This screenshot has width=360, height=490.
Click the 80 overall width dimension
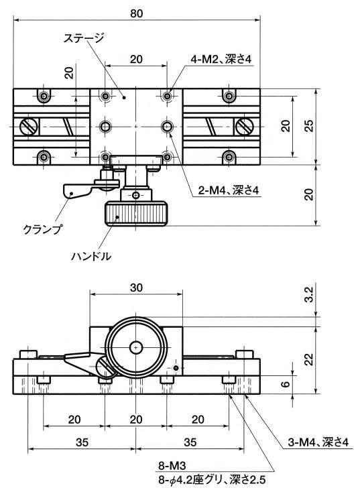point(137,13)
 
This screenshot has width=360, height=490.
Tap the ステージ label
point(83,38)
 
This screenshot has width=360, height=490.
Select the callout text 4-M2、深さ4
point(221,60)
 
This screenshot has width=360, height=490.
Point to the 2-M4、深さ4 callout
point(229,190)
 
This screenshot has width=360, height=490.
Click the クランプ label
point(42,229)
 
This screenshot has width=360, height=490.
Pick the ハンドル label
point(91,256)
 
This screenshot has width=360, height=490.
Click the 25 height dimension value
point(309,125)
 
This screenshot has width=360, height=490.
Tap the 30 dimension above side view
point(136,288)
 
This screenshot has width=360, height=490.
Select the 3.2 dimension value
point(309,295)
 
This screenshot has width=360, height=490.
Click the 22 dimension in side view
point(309,359)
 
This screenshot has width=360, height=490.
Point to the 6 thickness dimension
point(285,383)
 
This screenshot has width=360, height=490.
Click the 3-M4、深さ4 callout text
point(318,442)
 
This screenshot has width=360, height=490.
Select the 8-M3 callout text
point(172,466)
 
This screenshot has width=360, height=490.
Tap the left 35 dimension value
point(82,442)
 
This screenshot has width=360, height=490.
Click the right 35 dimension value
point(190,442)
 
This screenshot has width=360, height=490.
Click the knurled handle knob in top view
point(136,214)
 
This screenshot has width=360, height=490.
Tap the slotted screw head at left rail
point(29,127)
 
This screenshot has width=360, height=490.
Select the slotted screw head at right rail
point(244,127)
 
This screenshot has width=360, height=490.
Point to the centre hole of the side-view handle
point(136,347)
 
